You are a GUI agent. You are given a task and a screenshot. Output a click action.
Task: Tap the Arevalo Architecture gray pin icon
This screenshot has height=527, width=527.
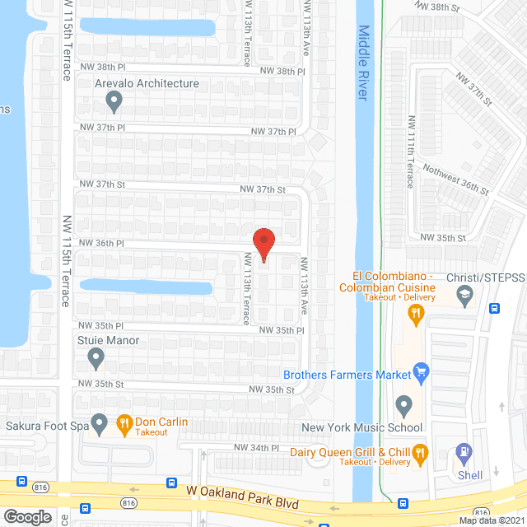coord(114,102)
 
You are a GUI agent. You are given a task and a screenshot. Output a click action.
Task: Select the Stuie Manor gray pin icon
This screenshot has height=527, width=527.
coord(96,358)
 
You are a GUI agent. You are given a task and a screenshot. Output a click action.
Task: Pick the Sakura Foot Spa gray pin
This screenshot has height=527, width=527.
coord(100,425)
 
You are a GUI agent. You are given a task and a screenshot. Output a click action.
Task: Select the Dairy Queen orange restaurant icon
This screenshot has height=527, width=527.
coord(420,451)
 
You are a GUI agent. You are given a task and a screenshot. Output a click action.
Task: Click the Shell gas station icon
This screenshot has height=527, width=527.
coord(464,452)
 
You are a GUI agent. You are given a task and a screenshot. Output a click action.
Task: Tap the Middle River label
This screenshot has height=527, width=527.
coord(364,63)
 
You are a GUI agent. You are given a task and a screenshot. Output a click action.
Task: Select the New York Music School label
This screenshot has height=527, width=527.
coord(362,427)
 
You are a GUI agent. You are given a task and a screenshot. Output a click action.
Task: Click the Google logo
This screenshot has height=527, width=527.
coord(27,516)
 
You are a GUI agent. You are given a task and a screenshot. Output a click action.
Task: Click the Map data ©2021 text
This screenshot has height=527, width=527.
coord(490,520)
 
